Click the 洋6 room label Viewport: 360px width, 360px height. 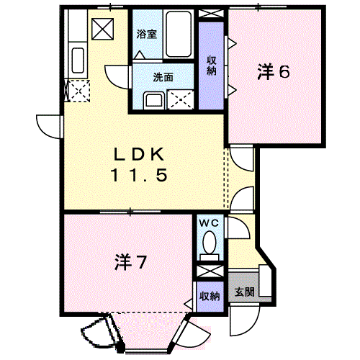point(274,72)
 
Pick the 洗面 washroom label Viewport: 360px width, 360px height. point(161,77)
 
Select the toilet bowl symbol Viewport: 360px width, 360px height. point(211,243)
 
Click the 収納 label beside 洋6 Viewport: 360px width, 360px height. point(212,66)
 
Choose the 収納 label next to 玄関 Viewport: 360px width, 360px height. point(210,296)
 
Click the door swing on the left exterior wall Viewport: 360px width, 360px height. point(46,125)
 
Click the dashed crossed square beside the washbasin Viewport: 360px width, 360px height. point(179,99)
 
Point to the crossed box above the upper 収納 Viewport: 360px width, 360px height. point(212,15)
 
